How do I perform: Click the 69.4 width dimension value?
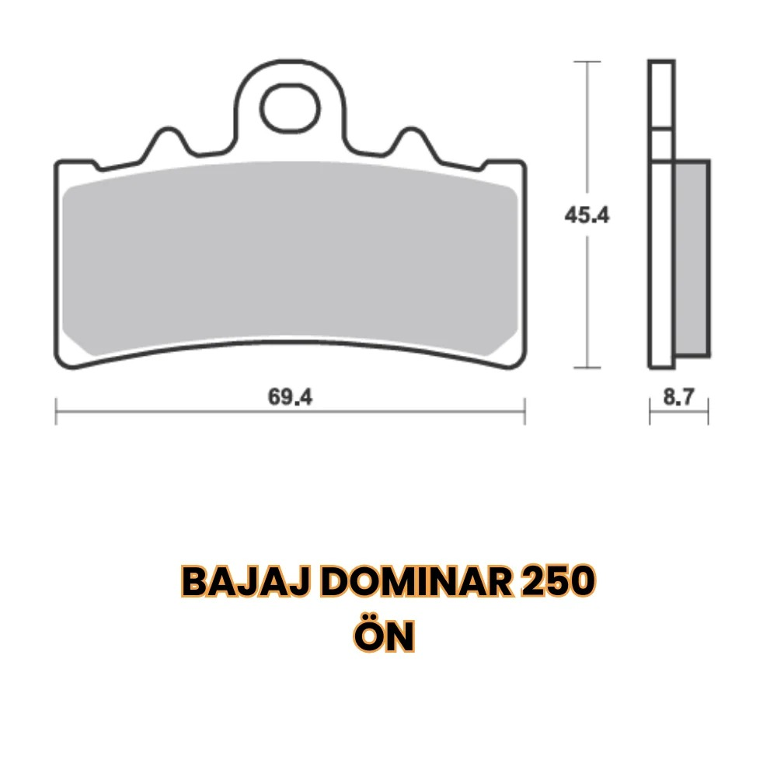coord(291,397)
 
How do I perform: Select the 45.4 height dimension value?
coord(587,215)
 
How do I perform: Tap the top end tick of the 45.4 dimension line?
coord(587,61)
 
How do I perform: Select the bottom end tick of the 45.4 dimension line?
coord(587,368)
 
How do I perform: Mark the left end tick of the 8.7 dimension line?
coord(650,411)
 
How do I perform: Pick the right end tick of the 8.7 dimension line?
coord(708,411)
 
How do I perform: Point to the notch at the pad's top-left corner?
coord(95,165)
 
